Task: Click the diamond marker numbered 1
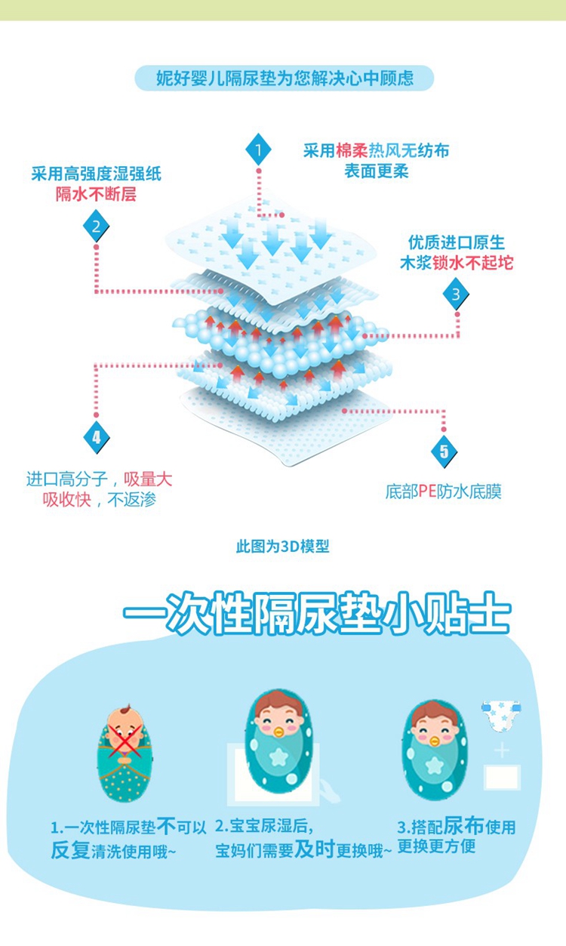258,150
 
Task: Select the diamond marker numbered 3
456,294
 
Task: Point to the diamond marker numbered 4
96,436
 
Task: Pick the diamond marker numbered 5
444,451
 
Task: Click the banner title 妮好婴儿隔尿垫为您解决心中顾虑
285,79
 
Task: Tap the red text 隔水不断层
96,194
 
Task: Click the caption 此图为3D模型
283,547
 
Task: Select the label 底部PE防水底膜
443,492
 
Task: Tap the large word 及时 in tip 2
314,849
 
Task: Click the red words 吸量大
148,479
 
